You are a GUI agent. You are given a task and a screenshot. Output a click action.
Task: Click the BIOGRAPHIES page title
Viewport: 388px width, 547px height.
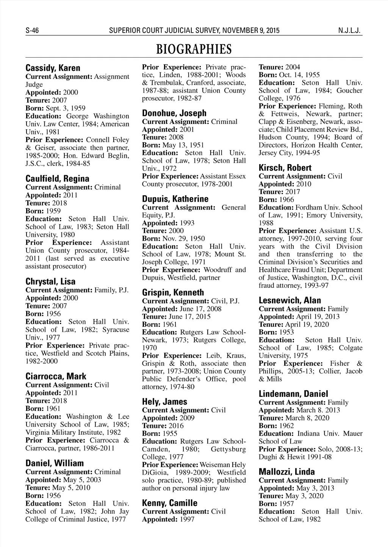pos(194,49)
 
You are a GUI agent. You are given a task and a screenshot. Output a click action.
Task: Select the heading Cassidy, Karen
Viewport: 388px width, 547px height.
pos(53,68)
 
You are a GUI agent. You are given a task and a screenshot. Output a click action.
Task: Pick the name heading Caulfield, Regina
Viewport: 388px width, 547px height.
pos(57,179)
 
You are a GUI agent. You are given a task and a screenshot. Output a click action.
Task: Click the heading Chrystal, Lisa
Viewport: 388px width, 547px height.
pos(50,282)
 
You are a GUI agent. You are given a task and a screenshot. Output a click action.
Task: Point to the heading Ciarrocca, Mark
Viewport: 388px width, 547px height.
pos(56,376)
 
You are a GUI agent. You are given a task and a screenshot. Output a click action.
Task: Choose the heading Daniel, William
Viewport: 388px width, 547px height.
pos(55,463)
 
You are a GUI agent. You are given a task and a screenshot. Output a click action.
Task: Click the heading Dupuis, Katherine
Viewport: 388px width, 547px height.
pos(175,199)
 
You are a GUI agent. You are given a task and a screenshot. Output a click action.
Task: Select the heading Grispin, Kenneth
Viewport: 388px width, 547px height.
pos(173,293)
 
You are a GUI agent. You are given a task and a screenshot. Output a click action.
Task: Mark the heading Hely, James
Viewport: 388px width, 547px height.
pos(164,402)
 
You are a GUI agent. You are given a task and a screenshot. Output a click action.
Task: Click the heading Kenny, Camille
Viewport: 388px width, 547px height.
pos(170,503)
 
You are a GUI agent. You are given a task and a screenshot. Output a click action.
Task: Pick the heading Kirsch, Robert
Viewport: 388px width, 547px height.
pos(285,168)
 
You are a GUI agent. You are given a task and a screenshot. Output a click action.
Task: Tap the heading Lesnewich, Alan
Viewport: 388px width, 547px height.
pos(289,300)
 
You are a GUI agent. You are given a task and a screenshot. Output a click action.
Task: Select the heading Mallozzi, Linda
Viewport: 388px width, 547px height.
pos(286,472)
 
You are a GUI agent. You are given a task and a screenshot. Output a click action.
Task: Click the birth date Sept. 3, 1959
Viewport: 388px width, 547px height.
pos(66,108)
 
